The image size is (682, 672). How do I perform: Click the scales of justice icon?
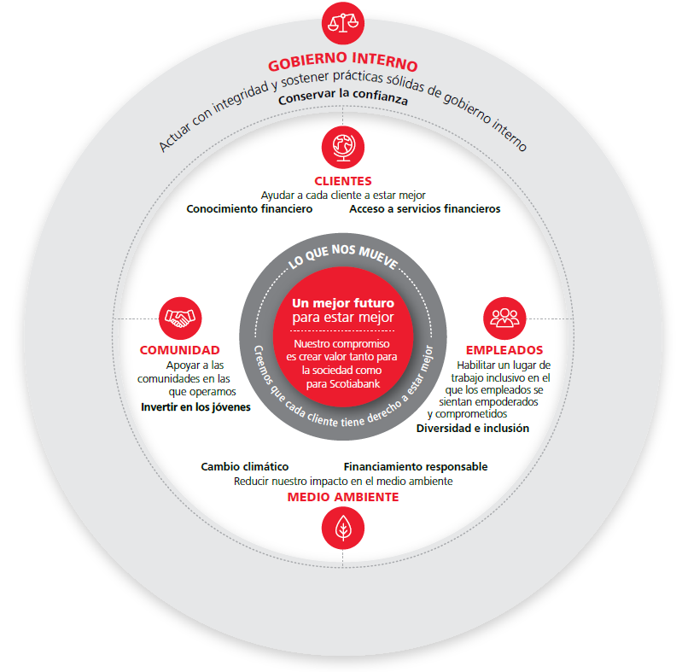[x=343, y=23]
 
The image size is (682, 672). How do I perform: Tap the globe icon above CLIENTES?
[x=343, y=147]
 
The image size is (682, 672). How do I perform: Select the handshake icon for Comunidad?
[x=180, y=318]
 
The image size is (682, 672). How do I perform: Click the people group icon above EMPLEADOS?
[x=504, y=318]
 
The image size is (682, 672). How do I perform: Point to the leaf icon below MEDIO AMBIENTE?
[x=343, y=528]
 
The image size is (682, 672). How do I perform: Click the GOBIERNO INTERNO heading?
[x=343, y=61]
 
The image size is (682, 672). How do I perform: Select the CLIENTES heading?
[x=343, y=181]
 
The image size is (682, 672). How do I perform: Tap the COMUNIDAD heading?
[x=179, y=350]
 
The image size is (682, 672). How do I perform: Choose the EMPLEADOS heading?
[x=504, y=350]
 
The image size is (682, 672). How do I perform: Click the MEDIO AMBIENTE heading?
[x=343, y=497]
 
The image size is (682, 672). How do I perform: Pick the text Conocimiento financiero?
[x=249, y=209]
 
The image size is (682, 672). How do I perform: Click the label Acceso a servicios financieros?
[x=425, y=209]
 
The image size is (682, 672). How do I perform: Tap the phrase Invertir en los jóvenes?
[x=195, y=407]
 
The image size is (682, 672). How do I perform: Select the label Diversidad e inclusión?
[x=473, y=429]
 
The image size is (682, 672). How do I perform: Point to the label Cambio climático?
[x=245, y=466]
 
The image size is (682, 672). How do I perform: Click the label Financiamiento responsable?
[x=416, y=466]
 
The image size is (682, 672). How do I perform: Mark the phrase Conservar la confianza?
[x=343, y=96]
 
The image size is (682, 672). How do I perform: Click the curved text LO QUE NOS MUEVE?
[x=343, y=256]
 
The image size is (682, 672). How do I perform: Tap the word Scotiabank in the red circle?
[x=354, y=384]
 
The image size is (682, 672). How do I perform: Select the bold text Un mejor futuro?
[x=343, y=303]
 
